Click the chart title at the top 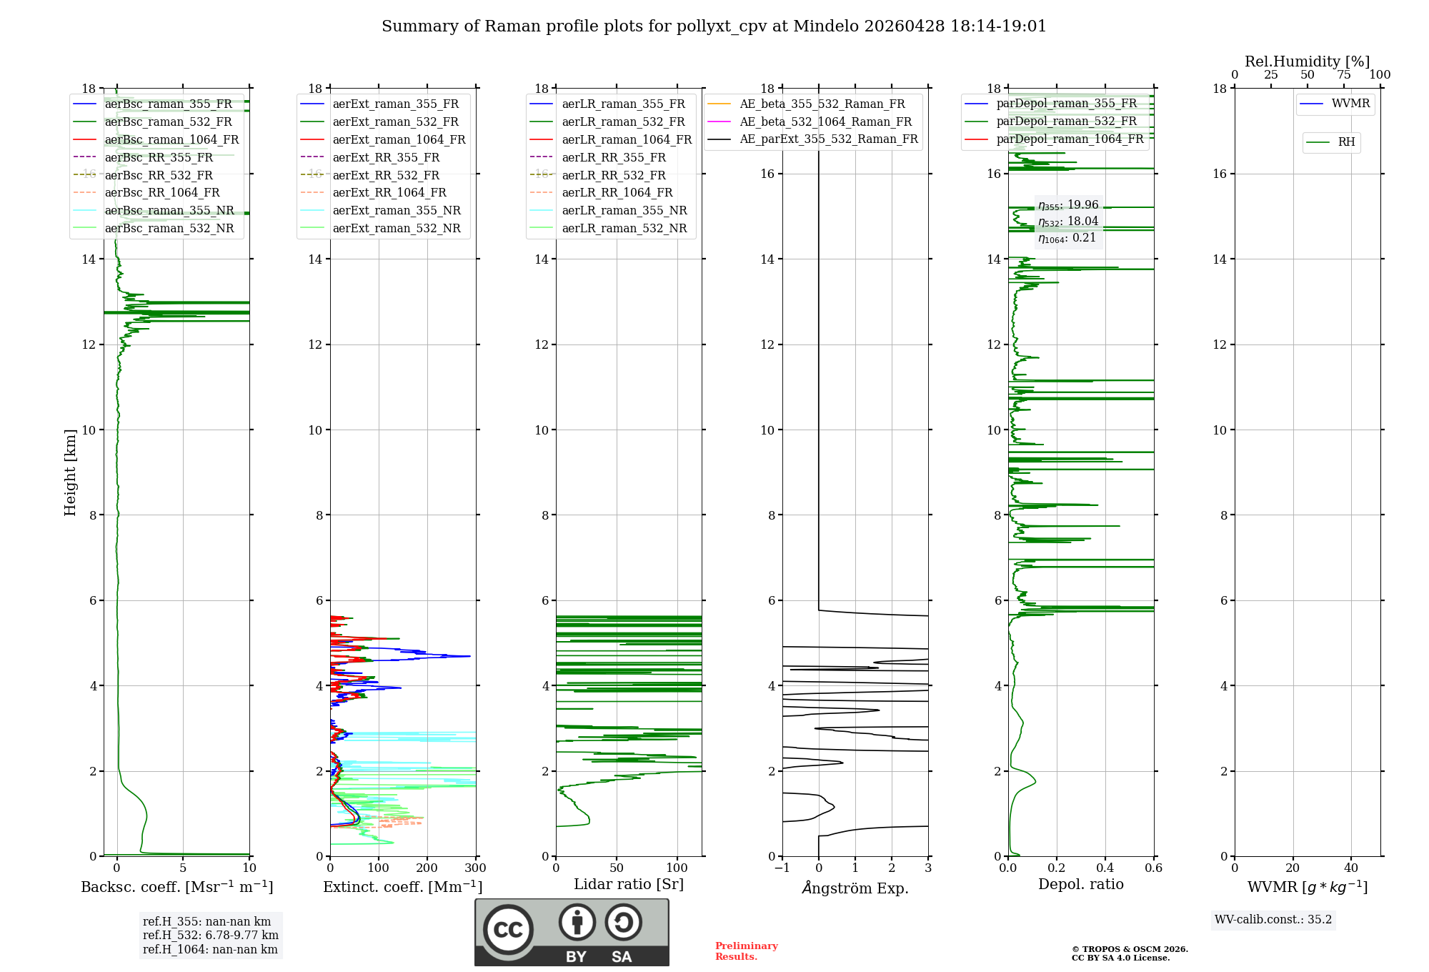tap(714, 26)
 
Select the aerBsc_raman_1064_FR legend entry tap(171, 139)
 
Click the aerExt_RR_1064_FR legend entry tap(389, 192)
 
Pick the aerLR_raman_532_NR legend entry tap(624, 228)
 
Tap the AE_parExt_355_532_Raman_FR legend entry tap(828, 139)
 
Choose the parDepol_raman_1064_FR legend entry tap(1070, 139)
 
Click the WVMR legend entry tap(1350, 104)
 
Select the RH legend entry tap(1346, 142)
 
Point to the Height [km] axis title tap(70, 472)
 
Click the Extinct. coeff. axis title tap(403, 887)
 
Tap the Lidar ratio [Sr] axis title tap(629, 884)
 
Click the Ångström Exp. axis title tap(855, 888)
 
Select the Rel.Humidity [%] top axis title tap(1307, 61)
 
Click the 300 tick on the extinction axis tap(476, 868)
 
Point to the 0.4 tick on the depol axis tap(1105, 868)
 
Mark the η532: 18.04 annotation tap(1068, 222)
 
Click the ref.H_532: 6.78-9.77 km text tap(210, 935)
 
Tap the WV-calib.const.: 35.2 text tap(1273, 919)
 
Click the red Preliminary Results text tap(746, 951)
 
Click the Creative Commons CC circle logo tap(508, 930)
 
